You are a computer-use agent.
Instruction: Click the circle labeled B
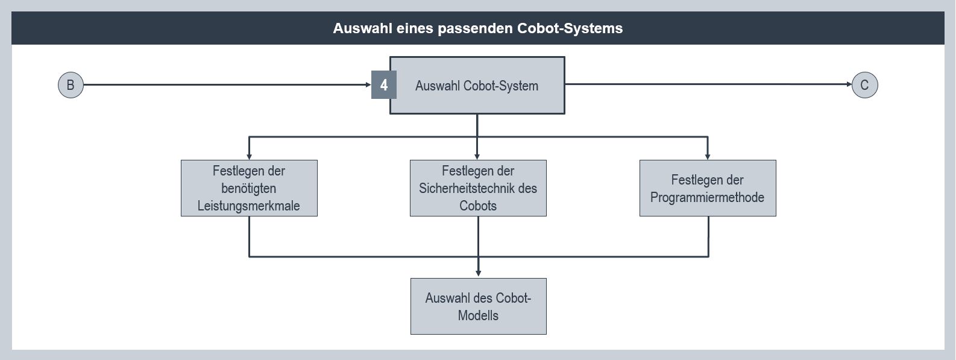tap(71, 85)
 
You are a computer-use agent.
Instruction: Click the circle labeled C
tap(864, 85)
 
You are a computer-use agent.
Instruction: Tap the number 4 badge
tap(384, 85)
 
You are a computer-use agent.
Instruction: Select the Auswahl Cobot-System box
tap(477, 86)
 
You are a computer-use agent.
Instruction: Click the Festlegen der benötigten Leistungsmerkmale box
tap(249, 188)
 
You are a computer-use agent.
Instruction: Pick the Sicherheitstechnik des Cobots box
tap(478, 188)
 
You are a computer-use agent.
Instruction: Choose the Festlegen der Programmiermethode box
tap(708, 188)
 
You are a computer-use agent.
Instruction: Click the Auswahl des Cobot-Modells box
tap(479, 306)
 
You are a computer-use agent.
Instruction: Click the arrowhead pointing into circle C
tap(849, 84)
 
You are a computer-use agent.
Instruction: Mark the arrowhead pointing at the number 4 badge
tap(368, 84)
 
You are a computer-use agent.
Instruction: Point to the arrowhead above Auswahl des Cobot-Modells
tap(478, 273)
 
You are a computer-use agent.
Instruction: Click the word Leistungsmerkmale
tap(248, 206)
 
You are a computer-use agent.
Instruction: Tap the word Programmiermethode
tap(707, 197)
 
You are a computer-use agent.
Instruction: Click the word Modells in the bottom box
tap(478, 315)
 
